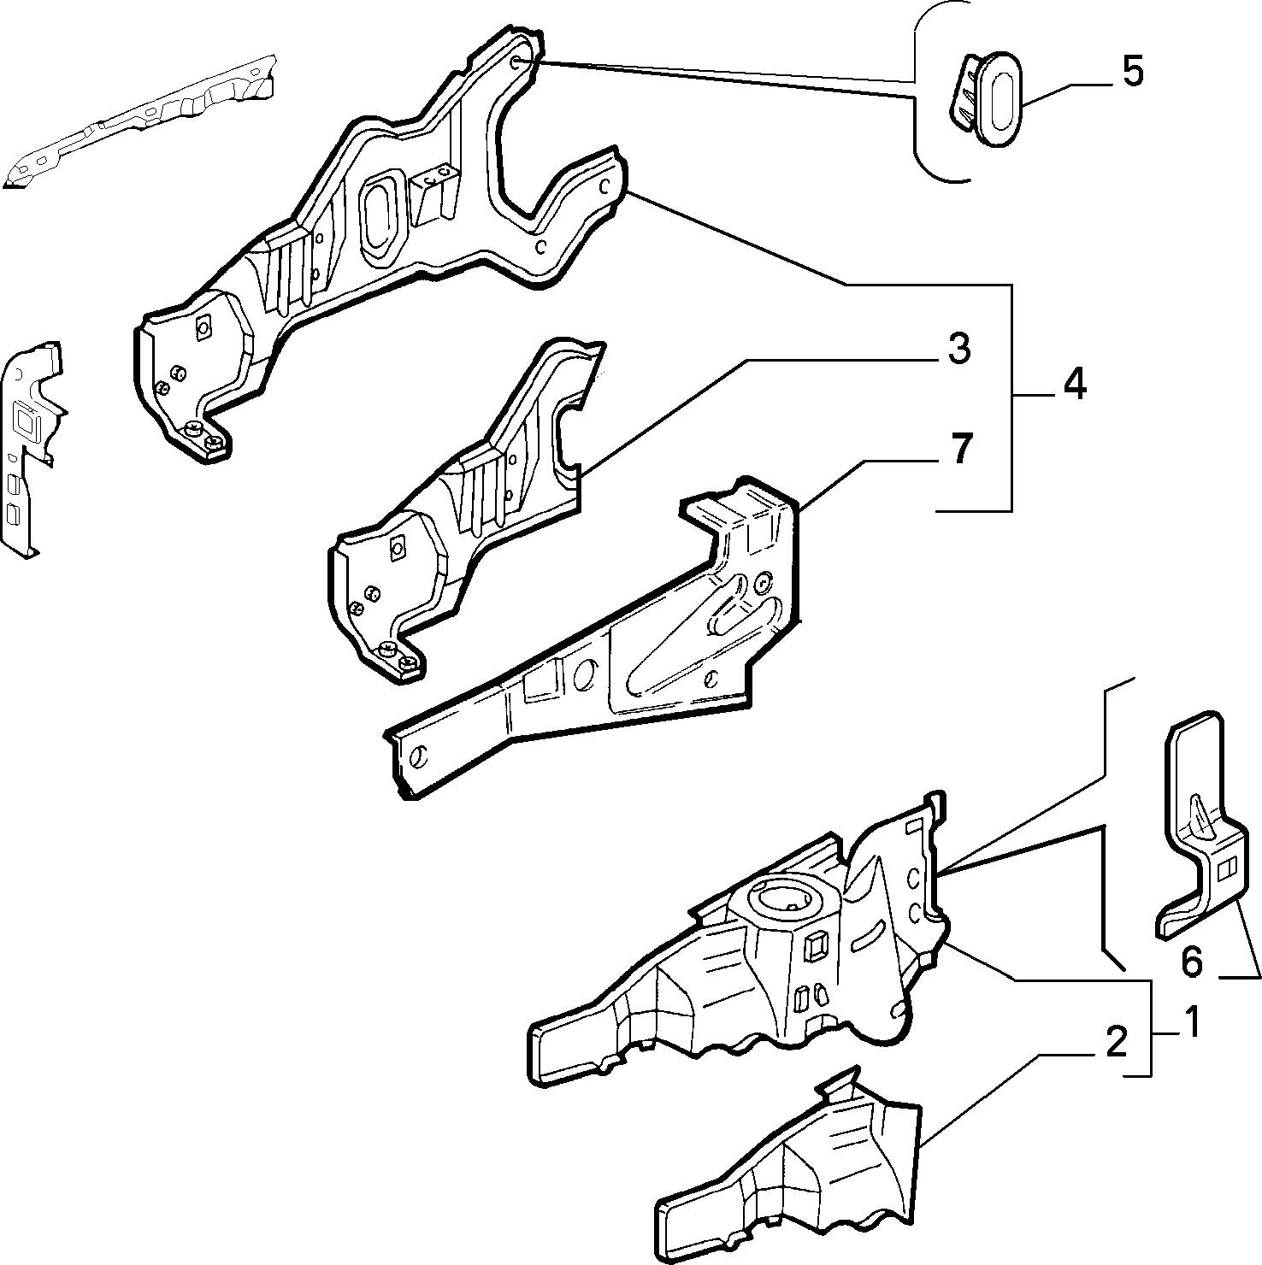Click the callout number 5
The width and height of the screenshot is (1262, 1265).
(1132, 73)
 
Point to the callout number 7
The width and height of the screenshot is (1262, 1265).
(961, 449)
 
